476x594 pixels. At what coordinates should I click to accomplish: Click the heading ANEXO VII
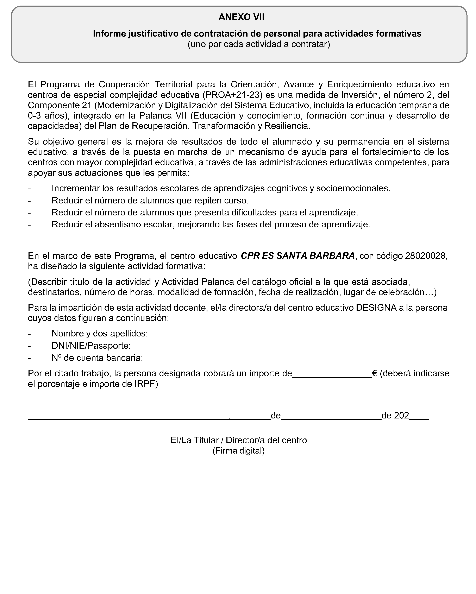coord(241,17)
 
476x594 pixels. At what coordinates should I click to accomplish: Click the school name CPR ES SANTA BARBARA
coord(298,256)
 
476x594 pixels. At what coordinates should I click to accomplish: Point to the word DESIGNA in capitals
coord(376,308)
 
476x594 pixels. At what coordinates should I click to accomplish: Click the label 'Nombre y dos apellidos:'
coord(100,333)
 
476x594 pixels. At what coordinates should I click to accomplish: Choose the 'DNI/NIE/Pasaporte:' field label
coord(91,346)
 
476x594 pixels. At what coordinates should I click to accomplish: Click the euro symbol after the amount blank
coord(375,373)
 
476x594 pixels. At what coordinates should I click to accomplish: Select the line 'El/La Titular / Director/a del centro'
coord(238,440)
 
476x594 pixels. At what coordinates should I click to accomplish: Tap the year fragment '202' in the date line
coord(401,416)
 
